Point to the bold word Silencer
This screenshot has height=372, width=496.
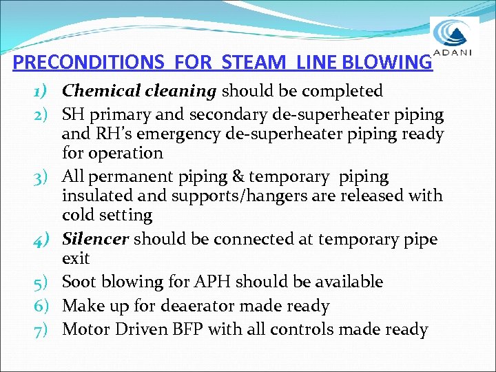coord(96,239)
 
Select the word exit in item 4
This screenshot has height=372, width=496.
coord(75,259)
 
